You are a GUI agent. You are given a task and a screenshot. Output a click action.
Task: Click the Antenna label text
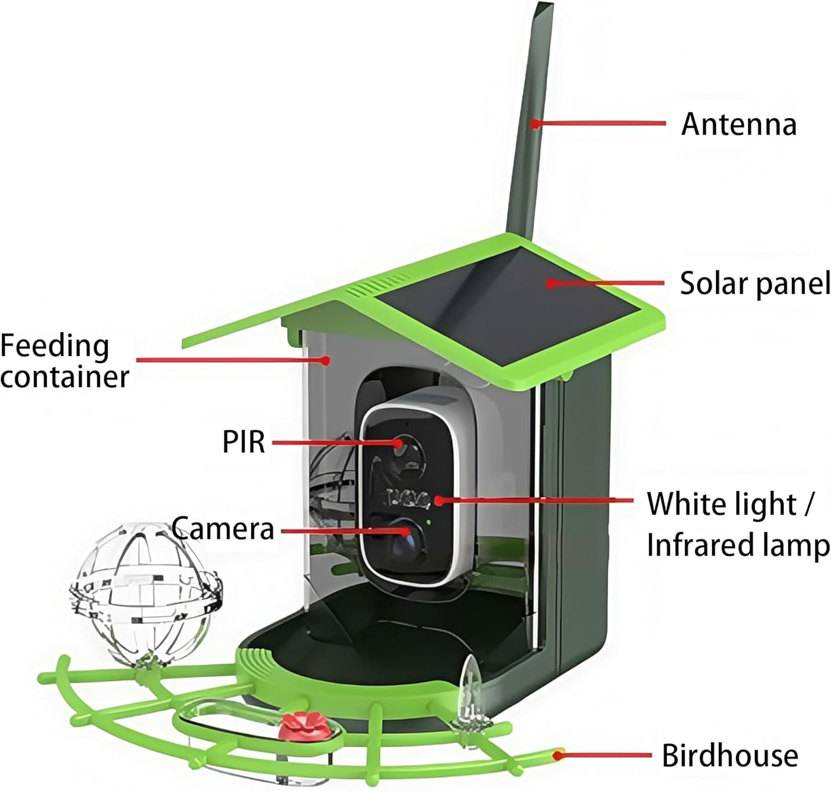coord(738,124)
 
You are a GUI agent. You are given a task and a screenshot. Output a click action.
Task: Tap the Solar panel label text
coord(755,283)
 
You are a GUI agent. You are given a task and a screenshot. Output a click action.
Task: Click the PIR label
coord(243,442)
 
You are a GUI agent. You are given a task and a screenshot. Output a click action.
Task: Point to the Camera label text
coord(223,528)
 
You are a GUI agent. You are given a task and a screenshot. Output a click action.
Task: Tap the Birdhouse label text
coord(730,756)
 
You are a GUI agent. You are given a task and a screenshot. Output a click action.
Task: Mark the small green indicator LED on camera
coord(428,521)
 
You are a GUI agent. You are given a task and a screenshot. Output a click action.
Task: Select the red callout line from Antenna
coord(601,123)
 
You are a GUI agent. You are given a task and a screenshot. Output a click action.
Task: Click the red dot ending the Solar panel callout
coord(550,283)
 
